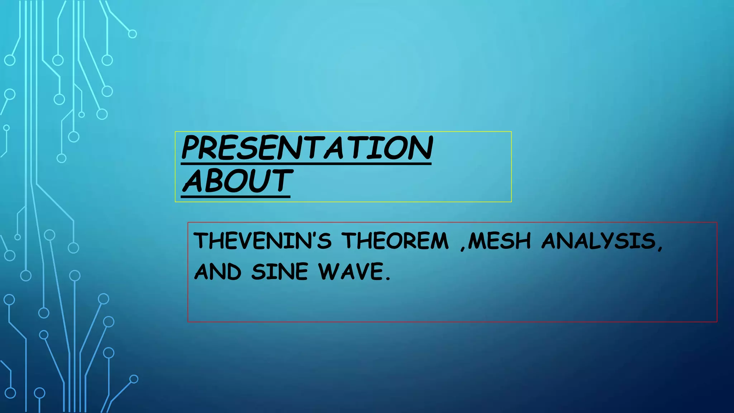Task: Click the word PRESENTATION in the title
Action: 307,148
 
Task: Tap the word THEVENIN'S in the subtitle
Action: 263,241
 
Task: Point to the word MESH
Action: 500,241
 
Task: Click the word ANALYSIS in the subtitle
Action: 599,241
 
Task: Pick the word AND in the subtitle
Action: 218,272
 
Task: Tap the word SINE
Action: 280,272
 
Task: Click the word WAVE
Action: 351,271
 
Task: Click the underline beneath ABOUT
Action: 235,196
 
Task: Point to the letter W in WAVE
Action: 329,271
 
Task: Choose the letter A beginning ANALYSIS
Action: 551,241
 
